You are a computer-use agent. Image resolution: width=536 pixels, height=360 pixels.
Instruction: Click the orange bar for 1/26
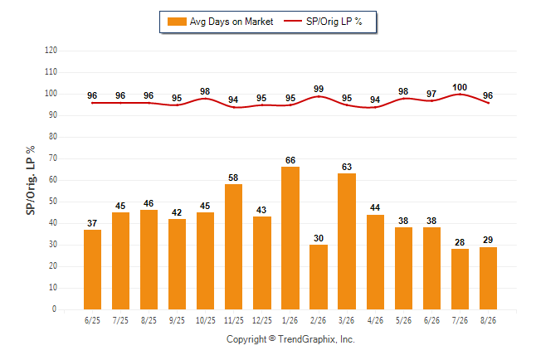pos(290,238)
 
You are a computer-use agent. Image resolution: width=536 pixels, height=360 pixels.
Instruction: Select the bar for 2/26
pos(319,277)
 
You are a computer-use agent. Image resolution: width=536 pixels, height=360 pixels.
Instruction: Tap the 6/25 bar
pos(92,270)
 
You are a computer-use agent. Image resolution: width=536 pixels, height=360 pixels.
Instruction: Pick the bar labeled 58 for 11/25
pos(233,247)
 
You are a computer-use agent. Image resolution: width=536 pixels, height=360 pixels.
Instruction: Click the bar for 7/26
pos(460,279)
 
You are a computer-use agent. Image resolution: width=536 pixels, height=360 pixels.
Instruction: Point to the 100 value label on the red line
pos(460,88)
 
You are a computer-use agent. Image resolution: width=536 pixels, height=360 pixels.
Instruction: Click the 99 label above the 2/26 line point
pos(319,89)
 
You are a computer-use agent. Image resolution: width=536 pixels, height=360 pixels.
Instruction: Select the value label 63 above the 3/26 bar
pos(347,167)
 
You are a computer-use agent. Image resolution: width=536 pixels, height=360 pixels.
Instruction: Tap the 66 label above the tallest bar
pos(290,160)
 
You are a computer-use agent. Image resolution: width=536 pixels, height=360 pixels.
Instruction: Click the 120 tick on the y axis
pos(51,51)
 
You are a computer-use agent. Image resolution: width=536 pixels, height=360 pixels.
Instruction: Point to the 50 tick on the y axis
pos(52,202)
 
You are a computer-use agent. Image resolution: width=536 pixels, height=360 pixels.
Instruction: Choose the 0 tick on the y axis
pos(55,309)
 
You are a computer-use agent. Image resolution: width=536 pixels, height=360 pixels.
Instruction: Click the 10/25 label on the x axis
pos(206,320)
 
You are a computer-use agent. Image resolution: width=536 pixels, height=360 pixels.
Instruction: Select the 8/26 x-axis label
pos(488,320)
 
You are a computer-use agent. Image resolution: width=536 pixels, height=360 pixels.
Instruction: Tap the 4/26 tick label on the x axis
pos(375,320)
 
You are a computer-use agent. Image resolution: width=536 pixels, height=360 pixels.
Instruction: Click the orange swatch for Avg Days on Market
pos(177,22)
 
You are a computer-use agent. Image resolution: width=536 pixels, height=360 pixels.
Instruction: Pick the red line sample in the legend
pos(293,22)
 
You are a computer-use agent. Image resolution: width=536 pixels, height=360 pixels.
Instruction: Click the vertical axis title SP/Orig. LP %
pos(31,180)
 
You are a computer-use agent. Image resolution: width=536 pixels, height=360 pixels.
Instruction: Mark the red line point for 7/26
pos(460,94)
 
